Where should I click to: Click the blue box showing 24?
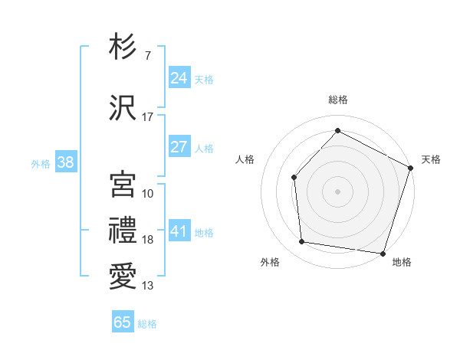click(179, 78)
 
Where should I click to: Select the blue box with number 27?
click(179, 147)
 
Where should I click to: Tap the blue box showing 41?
click(179, 231)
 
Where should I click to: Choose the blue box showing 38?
click(65, 162)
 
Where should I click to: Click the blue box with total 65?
click(123, 322)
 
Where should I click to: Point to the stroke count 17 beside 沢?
click(148, 117)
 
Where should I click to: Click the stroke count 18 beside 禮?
click(148, 240)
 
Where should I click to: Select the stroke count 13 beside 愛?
click(148, 286)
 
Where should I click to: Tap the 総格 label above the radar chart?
click(338, 100)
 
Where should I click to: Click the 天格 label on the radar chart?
click(431, 159)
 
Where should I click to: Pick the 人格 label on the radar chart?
click(245, 159)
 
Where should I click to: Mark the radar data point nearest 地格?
click(383, 253)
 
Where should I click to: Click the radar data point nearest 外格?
click(302, 242)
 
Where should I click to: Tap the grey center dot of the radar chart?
click(337, 191)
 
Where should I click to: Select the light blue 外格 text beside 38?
click(41, 163)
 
